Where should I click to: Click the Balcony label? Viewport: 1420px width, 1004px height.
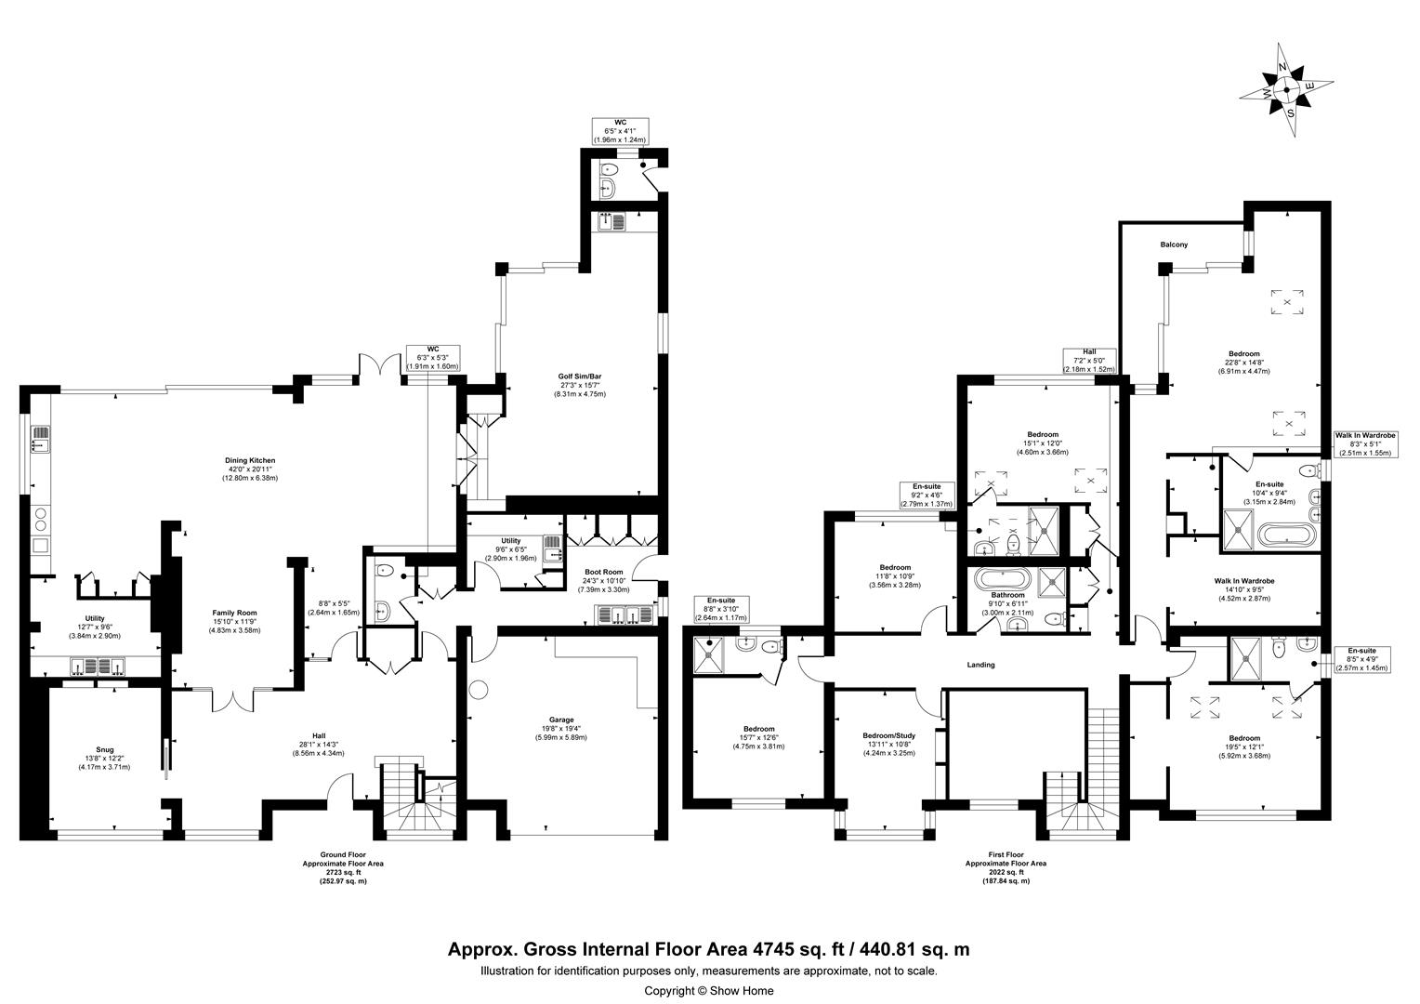tap(1174, 244)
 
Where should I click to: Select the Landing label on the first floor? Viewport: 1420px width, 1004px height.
tap(980, 665)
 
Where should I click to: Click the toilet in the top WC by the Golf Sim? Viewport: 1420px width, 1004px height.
tap(608, 169)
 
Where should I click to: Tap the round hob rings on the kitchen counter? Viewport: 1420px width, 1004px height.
tap(39, 519)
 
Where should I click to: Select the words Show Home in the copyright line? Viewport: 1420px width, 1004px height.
tap(742, 991)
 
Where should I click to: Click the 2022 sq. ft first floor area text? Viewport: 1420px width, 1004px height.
tap(1006, 872)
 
